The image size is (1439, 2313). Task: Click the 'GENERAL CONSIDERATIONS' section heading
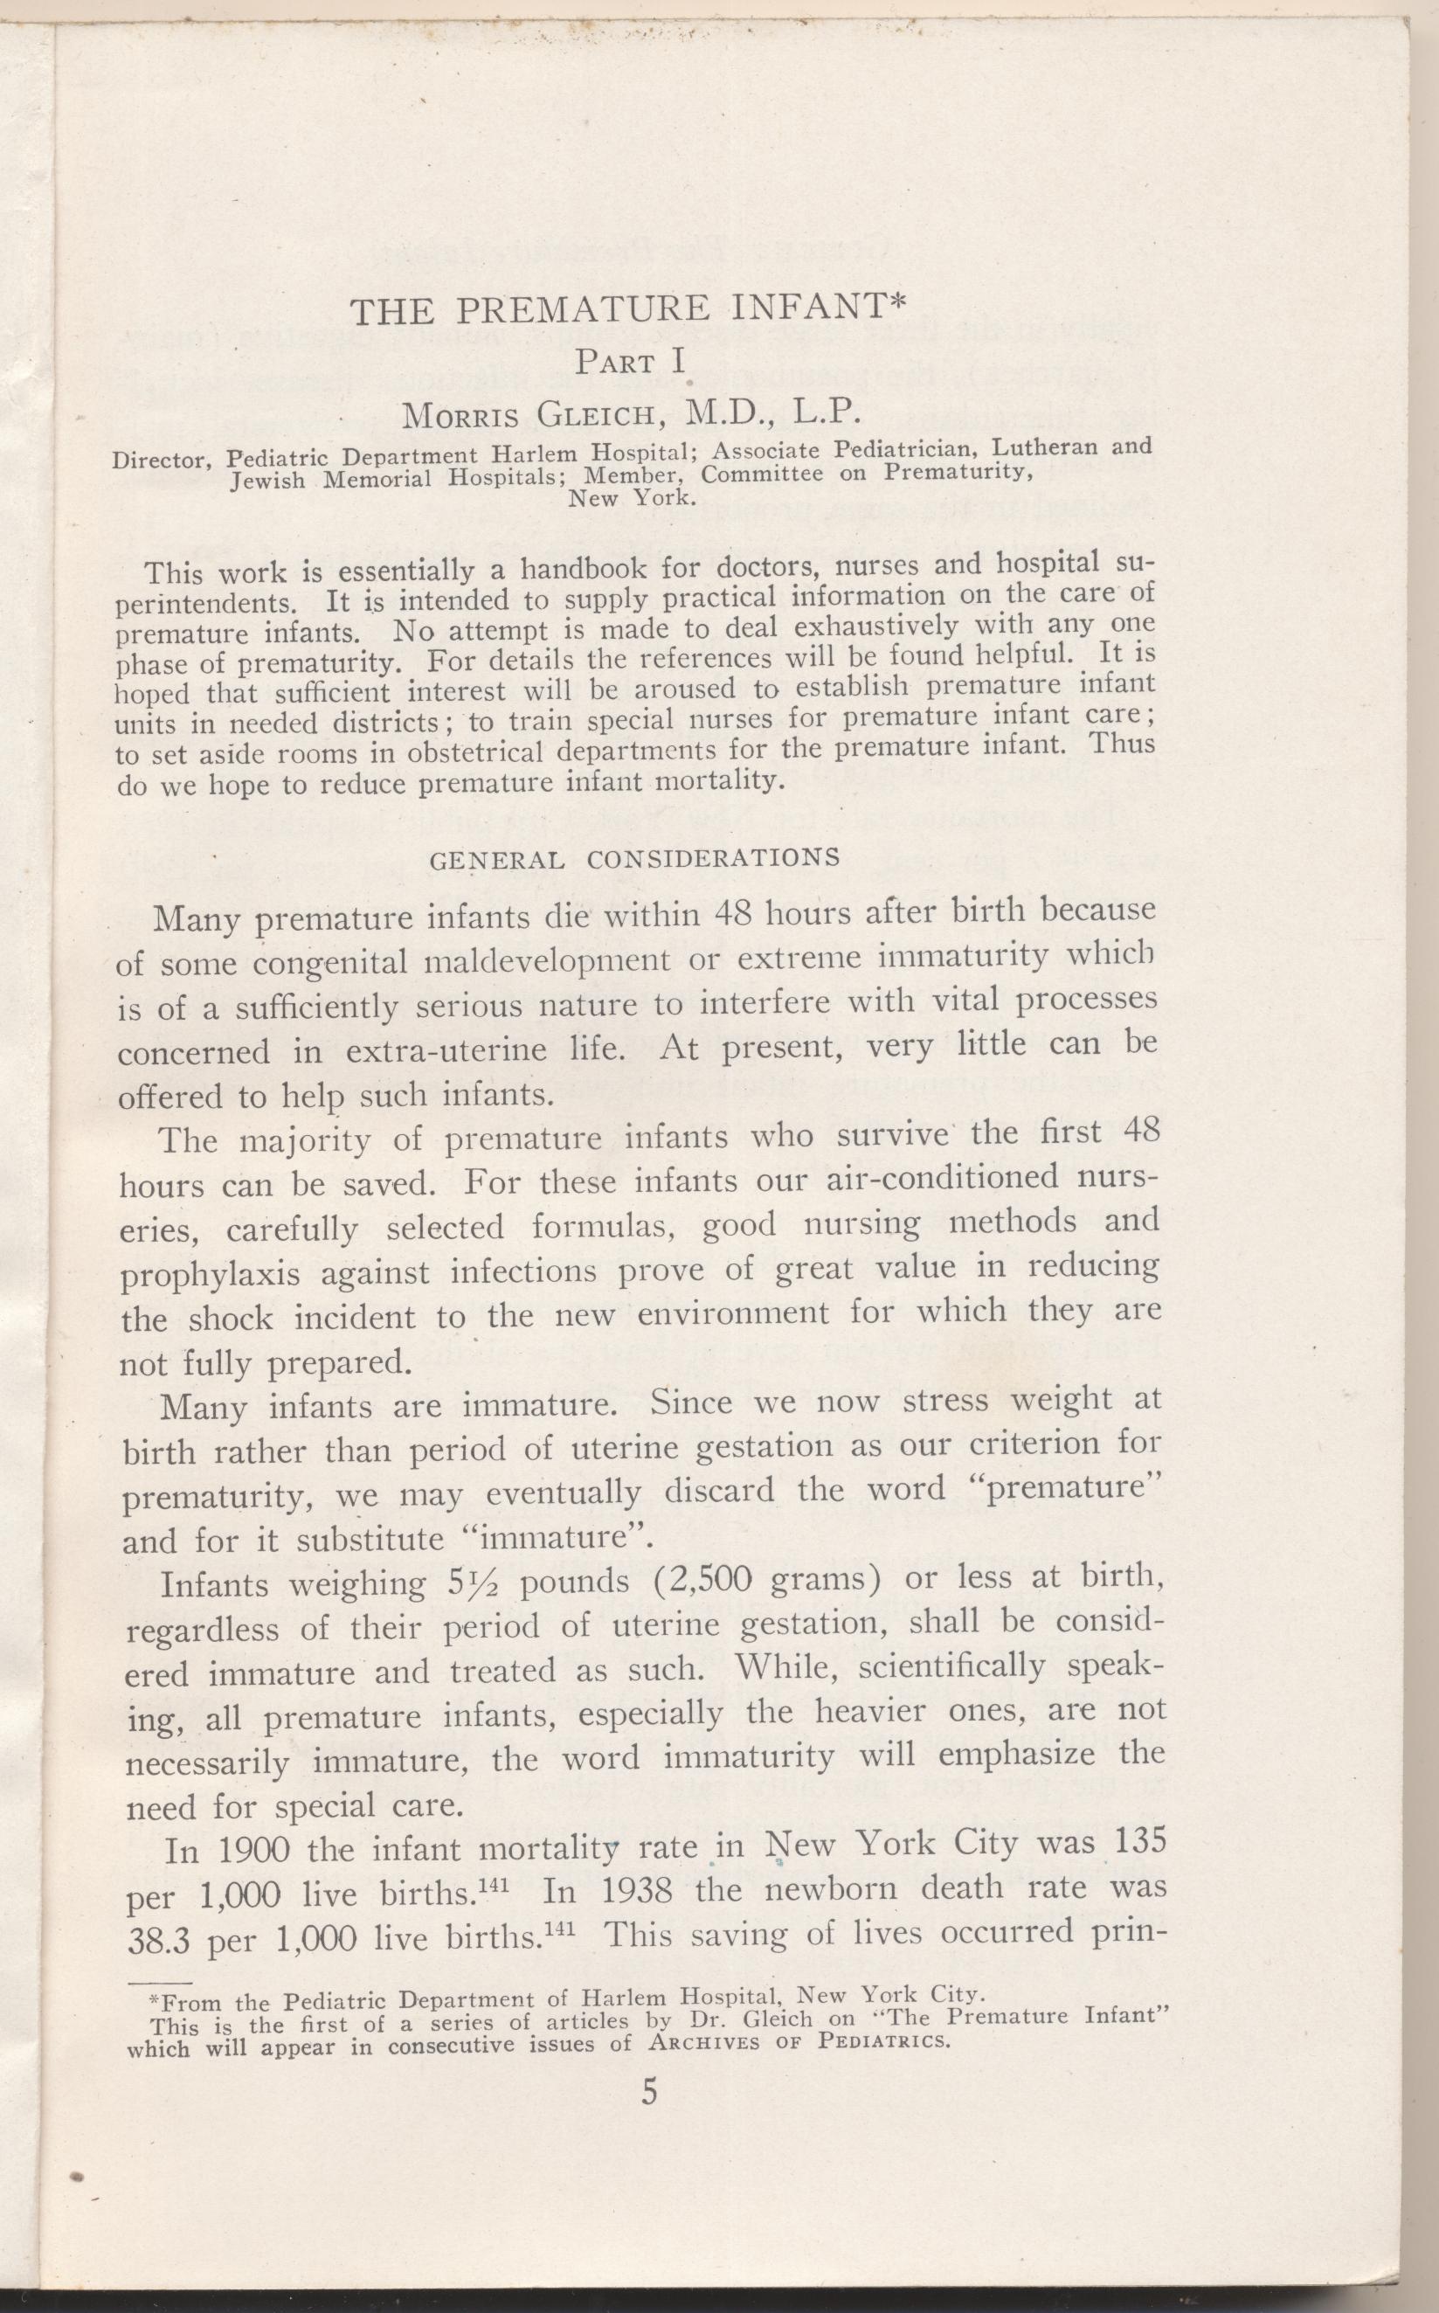tap(635, 859)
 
